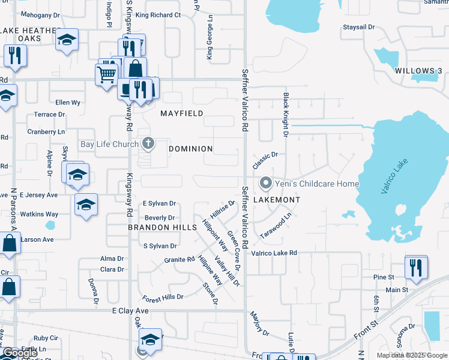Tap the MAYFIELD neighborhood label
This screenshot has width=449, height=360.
(182, 113)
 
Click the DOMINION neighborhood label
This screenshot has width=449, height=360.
(191, 149)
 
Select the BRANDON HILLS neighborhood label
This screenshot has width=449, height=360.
(163, 228)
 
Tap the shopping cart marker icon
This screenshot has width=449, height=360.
(106, 75)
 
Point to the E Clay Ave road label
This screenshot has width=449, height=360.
(130, 311)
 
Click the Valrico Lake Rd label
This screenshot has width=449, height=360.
(274, 253)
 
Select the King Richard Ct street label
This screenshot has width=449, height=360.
(158, 15)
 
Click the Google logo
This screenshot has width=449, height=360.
(20, 353)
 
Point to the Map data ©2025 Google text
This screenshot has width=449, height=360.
(412, 355)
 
